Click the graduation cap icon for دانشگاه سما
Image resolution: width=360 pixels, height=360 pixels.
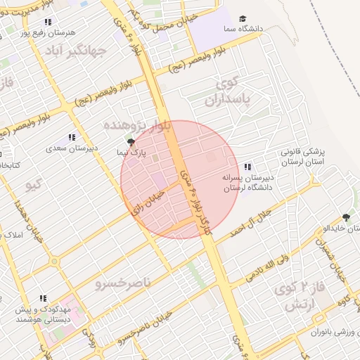(243, 19)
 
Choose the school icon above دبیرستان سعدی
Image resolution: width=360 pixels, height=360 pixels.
(71, 137)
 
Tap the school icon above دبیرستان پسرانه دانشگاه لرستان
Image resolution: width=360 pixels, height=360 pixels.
(247, 167)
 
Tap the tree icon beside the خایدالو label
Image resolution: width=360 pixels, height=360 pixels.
(346, 218)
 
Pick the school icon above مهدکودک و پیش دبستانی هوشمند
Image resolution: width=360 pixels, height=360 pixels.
(43, 298)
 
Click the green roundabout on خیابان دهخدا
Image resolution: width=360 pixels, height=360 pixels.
(54, 262)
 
